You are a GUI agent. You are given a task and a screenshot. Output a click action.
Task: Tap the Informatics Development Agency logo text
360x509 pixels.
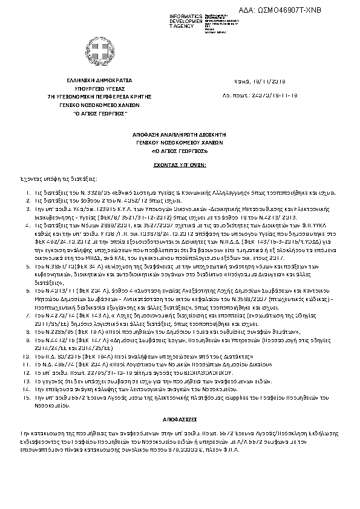(171, 21)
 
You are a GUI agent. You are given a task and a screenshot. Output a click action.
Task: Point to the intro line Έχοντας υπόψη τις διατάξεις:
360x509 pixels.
(51, 180)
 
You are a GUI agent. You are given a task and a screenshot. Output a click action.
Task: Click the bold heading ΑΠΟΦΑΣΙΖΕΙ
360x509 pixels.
(179, 401)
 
